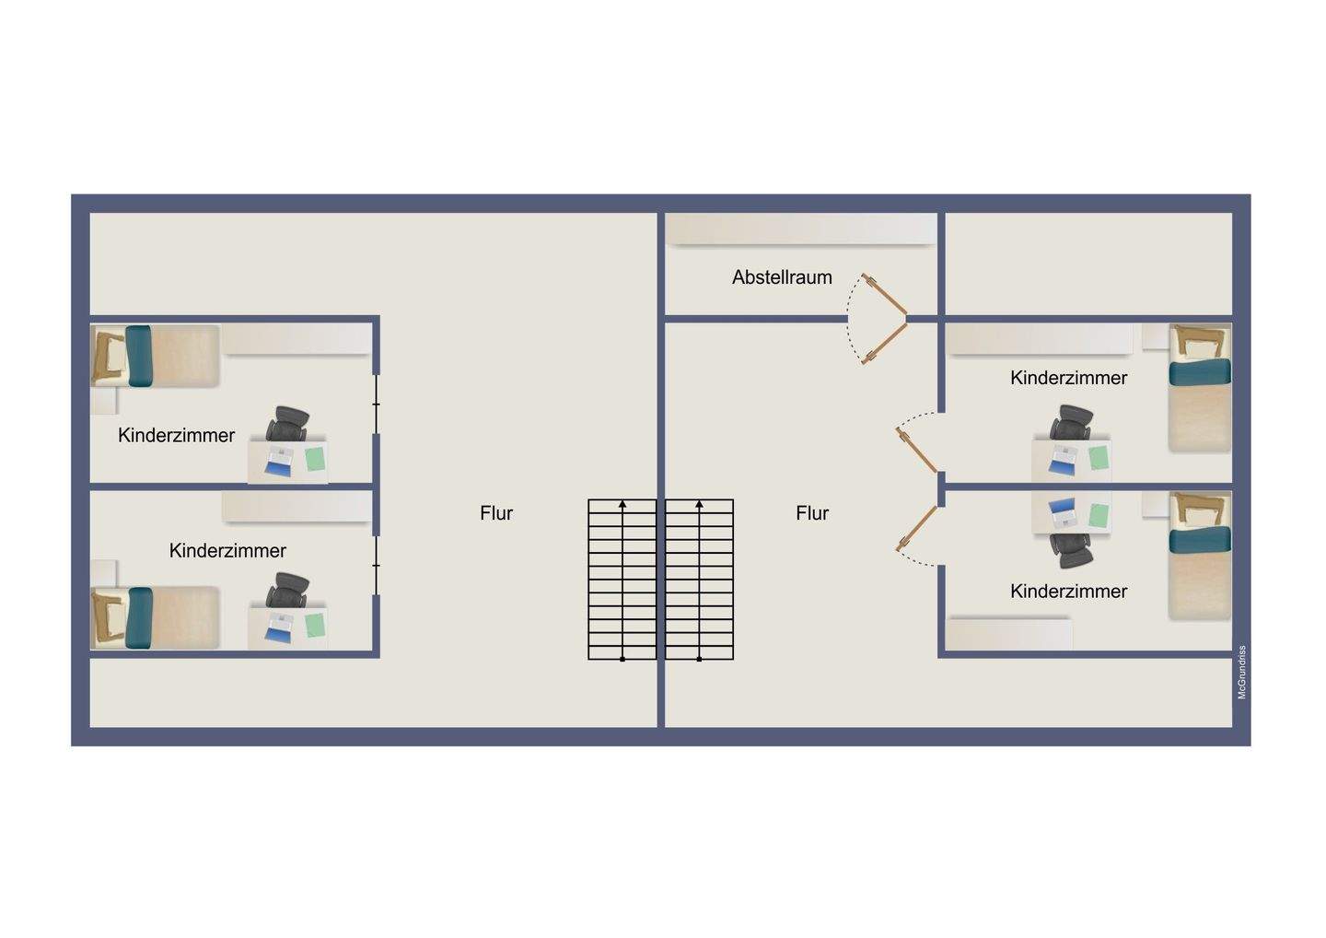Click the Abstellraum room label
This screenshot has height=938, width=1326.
pos(782,277)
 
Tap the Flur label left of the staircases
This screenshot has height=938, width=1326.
pos(496,513)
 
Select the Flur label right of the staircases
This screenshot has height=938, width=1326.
pos(812,513)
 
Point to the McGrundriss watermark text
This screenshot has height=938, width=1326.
pos(1241,672)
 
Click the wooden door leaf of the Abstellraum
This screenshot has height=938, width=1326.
pos(885,294)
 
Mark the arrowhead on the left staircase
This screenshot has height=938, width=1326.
pos(622,504)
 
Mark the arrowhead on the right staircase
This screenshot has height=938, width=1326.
pos(700,504)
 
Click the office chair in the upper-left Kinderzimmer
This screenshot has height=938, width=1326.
pos(288,424)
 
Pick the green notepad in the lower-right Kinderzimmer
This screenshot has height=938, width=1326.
pos(1099,514)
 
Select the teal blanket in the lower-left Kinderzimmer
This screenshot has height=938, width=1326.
pos(140,617)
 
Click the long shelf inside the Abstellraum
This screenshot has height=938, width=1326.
pos(801,229)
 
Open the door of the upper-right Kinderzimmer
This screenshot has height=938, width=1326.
pos(917,450)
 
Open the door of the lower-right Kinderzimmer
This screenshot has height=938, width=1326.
pos(916,529)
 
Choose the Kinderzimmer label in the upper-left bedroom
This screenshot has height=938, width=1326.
pos(177,435)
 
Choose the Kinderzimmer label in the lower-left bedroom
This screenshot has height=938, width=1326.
pos(227,550)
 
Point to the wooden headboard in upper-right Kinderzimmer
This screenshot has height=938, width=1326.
pos(1200,342)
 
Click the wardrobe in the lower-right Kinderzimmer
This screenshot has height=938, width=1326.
pos(1010,634)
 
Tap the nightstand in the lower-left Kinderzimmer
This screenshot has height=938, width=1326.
pos(103,572)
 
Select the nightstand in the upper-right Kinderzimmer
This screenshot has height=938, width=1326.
pos(1155,336)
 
